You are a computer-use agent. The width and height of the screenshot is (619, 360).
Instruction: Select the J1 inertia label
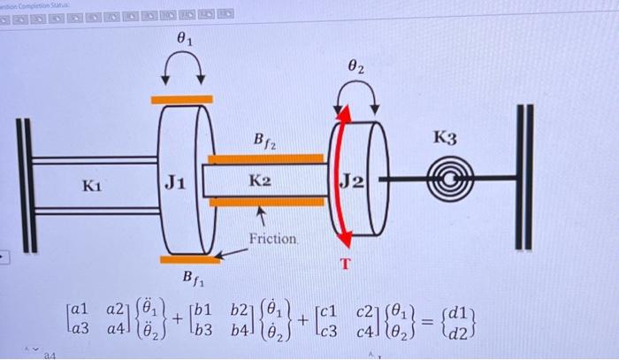[x=174, y=183]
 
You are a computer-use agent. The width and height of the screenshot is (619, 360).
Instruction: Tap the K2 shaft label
[x=259, y=181]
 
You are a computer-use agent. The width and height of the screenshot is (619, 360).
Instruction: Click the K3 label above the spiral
[x=445, y=138]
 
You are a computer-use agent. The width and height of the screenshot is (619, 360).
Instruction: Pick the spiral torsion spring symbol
[x=446, y=185]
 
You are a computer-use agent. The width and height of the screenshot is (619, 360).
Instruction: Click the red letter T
[x=347, y=264]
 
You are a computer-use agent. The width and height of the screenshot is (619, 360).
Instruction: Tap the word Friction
[x=274, y=239]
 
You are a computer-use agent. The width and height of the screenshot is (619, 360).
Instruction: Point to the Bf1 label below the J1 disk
[x=195, y=280]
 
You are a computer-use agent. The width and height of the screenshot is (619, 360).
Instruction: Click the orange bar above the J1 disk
[x=182, y=99]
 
